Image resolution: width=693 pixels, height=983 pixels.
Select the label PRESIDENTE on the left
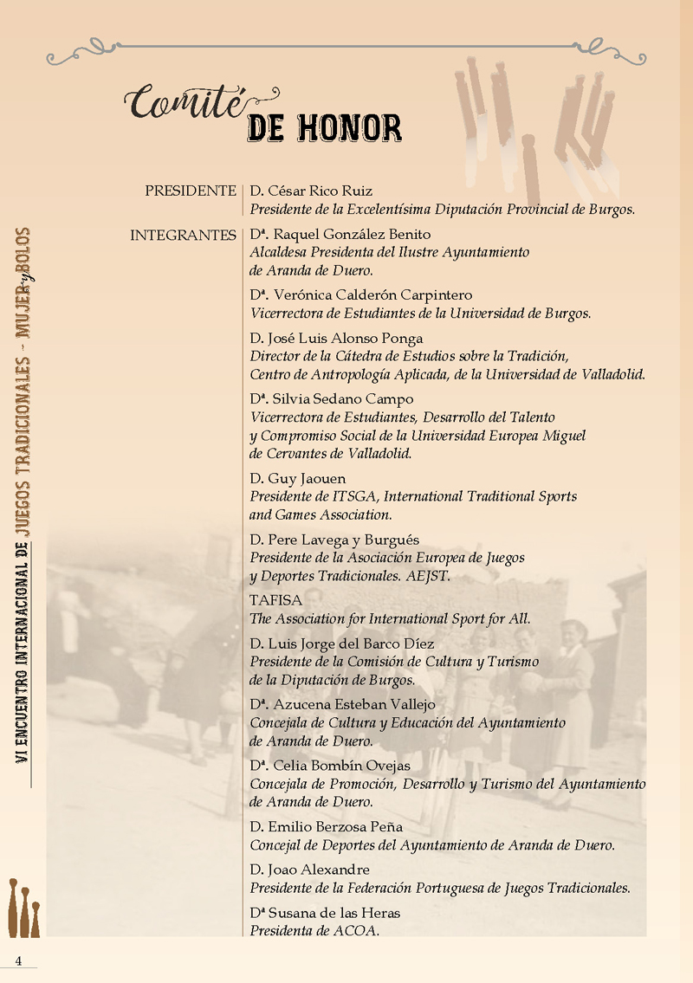[191, 191]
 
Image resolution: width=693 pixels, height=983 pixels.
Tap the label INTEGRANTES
[183, 235]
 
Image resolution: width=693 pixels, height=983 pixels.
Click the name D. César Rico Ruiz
[311, 191]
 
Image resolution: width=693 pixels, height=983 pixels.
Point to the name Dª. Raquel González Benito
[340, 235]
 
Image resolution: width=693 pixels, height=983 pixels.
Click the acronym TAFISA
[275, 600]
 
